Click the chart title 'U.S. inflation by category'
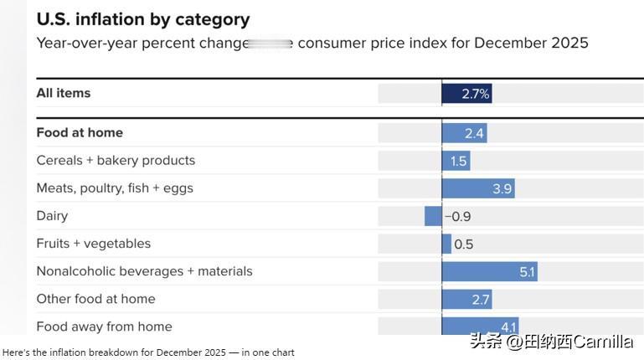tap(143, 18)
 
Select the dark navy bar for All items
tap(466, 94)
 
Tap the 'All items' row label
tap(64, 93)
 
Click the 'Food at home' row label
tap(80, 132)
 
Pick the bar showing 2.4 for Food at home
tap(464, 133)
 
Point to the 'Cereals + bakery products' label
tap(116, 160)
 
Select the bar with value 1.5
tap(456, 161)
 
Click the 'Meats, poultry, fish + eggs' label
tap(115, 188)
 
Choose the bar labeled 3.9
tap(478, 188)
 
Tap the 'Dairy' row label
tap(52, 215)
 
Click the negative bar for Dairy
tap(433, 216)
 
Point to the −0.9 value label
tap(458, 216)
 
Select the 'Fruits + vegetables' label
tap(94, 243)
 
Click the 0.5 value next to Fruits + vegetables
tap(463, 244)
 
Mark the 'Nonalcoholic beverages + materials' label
tap(144, 270)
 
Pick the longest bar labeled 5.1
tap(489, 271)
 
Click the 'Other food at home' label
tap(95, 298)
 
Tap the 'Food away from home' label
tap(104, 326)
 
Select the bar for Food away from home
tap(480, 326)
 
